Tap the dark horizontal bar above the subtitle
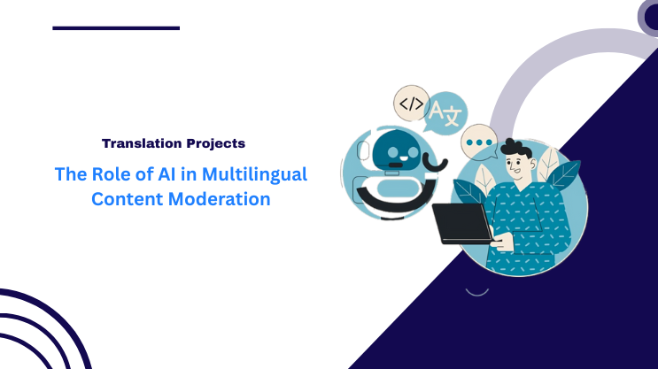[116, 28]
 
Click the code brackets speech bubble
[411, 104]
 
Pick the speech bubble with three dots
[479, 140]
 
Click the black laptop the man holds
[461, 223]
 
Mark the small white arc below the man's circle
[477, 289]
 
